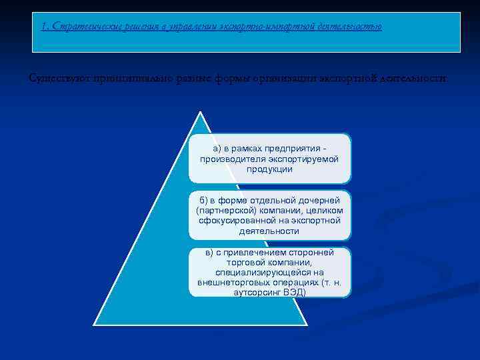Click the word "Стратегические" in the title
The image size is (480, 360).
78,27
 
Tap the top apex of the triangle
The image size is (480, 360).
199,111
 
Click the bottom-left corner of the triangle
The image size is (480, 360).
93,325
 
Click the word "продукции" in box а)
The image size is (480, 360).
269,169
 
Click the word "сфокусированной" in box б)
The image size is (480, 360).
228,220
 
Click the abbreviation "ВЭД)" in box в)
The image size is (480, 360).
294,292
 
